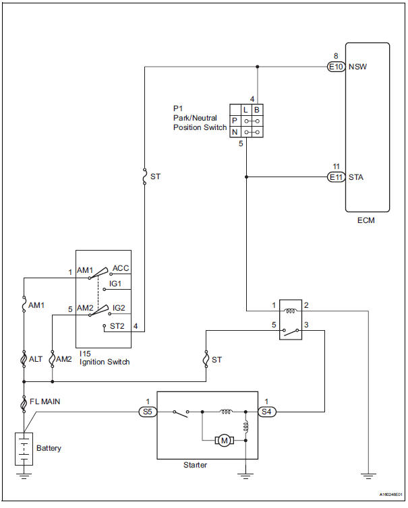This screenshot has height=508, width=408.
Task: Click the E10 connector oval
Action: click(335, 67)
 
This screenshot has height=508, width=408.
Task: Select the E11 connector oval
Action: click(335, 177)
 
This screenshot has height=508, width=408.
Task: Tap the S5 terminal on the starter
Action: click(146, 410)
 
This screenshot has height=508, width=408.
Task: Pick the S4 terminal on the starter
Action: click(268, 410)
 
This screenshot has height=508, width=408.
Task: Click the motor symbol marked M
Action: click(223, 440)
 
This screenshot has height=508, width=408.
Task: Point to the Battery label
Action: click(51, 448)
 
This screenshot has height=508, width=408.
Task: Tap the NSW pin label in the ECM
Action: click(357, 67)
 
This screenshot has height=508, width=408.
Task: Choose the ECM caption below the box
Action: click(367, 220)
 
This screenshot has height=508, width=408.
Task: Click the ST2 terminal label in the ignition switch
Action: click(117, 327)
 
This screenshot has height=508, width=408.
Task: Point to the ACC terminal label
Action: click(121, 267)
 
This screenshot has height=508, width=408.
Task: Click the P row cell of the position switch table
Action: click(234, 121)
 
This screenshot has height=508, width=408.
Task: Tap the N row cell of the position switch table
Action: click(234, 132)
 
